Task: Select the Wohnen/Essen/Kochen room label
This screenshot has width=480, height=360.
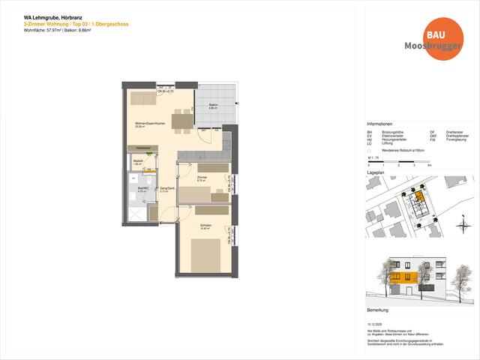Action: [x=144, y=124]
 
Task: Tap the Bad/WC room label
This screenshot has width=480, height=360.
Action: [x=133, y=190]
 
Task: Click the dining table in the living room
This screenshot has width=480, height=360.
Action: [x=181, y=120]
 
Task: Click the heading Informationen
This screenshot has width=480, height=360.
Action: [x=379, y=124]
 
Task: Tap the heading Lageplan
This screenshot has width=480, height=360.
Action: [x=376, y=172]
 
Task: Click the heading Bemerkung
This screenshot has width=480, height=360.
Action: [x=377, y=310]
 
